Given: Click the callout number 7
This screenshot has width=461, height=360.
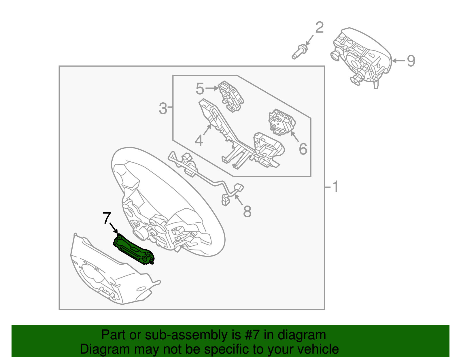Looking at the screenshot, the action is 107,218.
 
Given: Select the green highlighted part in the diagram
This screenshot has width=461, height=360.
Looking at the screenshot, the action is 134,250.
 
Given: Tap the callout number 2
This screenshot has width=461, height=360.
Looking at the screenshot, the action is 320,27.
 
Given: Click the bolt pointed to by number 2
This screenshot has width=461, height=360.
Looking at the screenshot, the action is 299,52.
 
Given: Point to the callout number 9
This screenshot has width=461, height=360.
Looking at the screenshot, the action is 411,61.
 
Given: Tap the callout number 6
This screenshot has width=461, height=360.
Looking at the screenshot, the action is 303,149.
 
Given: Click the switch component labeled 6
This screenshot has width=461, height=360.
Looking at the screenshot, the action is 282,122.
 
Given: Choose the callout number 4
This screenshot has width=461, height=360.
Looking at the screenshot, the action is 199,140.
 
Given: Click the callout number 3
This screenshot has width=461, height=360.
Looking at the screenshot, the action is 163,108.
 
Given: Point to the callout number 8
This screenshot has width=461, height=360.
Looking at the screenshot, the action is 247,211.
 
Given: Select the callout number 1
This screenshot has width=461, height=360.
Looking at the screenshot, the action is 335,186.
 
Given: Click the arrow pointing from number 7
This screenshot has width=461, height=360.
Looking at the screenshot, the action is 114,228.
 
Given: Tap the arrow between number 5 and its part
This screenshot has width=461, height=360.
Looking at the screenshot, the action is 212,88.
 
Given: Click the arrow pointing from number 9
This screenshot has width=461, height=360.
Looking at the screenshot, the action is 399,61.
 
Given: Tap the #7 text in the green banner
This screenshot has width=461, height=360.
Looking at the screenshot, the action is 252,335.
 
